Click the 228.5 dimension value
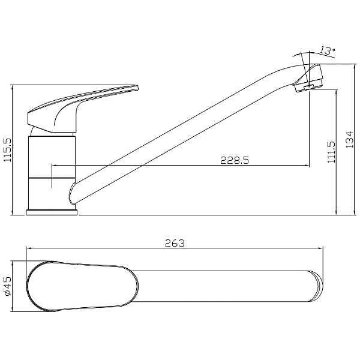(x=235, y=160)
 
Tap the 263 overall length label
(x=175, y=243)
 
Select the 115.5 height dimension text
(x=8, y=150)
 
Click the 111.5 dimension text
(x=331, y=152)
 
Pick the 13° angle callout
(x=328, y=50)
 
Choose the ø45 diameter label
(x=7, y=286)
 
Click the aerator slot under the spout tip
(x=308, y=87)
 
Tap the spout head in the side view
(x=308, y=77)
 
